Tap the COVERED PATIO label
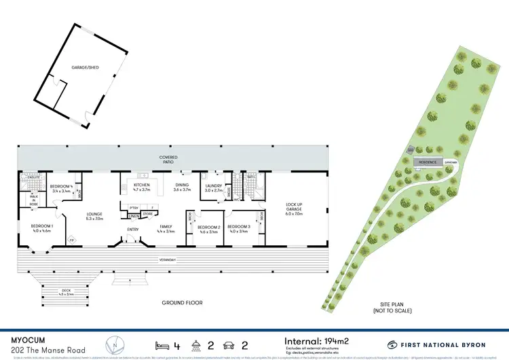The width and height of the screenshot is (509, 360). coord(168,159)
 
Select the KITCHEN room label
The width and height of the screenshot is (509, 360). coord(141,185)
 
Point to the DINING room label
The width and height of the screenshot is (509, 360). coord(182,185)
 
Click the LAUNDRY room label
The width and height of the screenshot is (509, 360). coord(214,185)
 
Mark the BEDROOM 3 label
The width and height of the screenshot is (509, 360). coord(240,228)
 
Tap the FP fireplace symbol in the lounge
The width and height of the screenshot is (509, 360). coord(72,240)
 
